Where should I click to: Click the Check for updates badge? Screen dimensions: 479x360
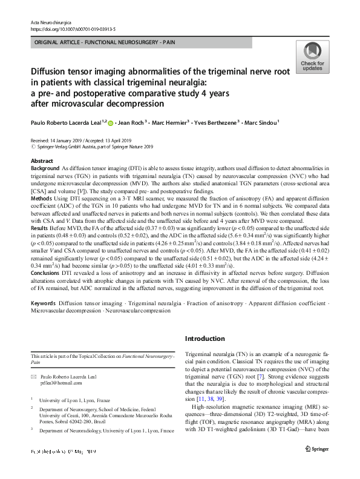coord(312,58)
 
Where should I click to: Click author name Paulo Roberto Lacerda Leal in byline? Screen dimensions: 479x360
coord(67,122)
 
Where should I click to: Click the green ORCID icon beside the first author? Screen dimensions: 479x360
coord(111,122)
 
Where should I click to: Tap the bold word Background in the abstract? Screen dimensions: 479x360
coord(45,168)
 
